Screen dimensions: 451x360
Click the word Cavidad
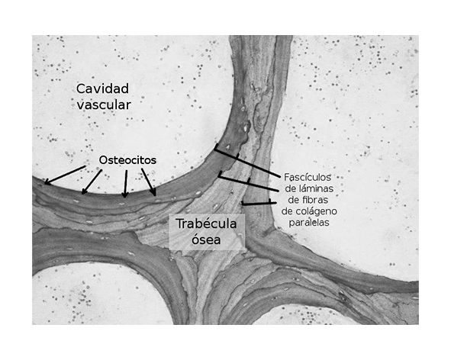pyautogui.click(x=102, y=88)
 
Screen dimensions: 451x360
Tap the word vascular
pyautogui.click(x=104, y=105)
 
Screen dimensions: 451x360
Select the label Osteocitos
pyautogui.click(x=127, y=160)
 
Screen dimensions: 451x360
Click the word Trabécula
pyautogui.click(x=206, y=223)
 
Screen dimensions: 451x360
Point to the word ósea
pyautogui.click(x=206, y=239)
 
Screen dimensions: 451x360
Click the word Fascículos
pyautogui.click(x=308, y=177)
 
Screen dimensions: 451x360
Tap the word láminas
pyautogui.click(x=317, y=188)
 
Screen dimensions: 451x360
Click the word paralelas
pyautogui.click(x=309, y=223)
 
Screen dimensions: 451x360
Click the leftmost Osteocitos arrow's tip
pyautogui.click(x=45, y=184)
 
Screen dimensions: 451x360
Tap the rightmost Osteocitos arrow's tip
pyautogui.click(x=156, y=196)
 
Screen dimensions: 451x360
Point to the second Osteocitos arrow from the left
pyautogui.click(x=92, y=182)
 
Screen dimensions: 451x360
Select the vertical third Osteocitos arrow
pyautogui.click(x=125, y=184)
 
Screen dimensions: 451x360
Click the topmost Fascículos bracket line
pyautogui.click(x=247, y=161)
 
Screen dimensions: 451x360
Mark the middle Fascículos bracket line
pyautogui.click(x=249, y=182)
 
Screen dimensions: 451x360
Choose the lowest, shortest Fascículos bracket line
pyautogui.click(x=259, y=203)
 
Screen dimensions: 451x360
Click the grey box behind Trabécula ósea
pyautogui.click(x=207, y=232)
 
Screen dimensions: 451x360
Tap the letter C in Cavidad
pyautogui.click(x=81, y=88)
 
